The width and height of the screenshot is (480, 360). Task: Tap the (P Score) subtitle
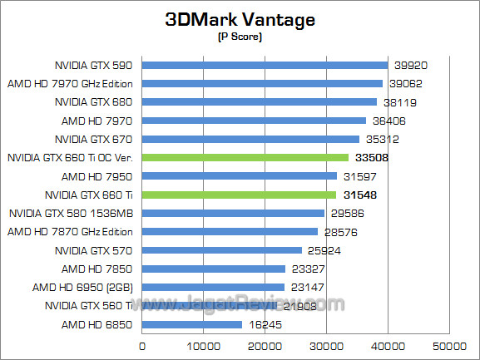(240, 37)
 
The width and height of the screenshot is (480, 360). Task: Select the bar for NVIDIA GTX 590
(265, 65)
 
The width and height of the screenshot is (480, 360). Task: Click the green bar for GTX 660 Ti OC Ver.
(245, 157)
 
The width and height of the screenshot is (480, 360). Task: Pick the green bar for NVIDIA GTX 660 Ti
(240, 195)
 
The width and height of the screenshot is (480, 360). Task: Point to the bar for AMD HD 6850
(192, 324)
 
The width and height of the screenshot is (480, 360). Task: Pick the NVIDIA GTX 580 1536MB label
(72, 213)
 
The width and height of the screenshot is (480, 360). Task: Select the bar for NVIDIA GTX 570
(222, 250)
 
